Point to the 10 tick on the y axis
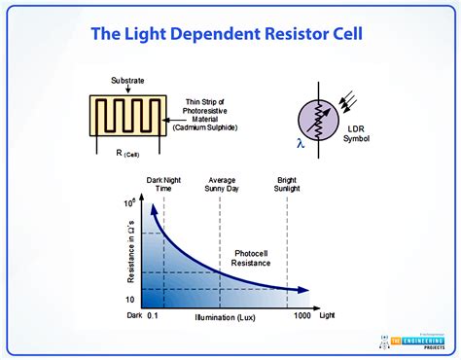(x=131, y=298)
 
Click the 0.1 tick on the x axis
(x=154, y=316)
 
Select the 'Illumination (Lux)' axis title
(x=228, y=316)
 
